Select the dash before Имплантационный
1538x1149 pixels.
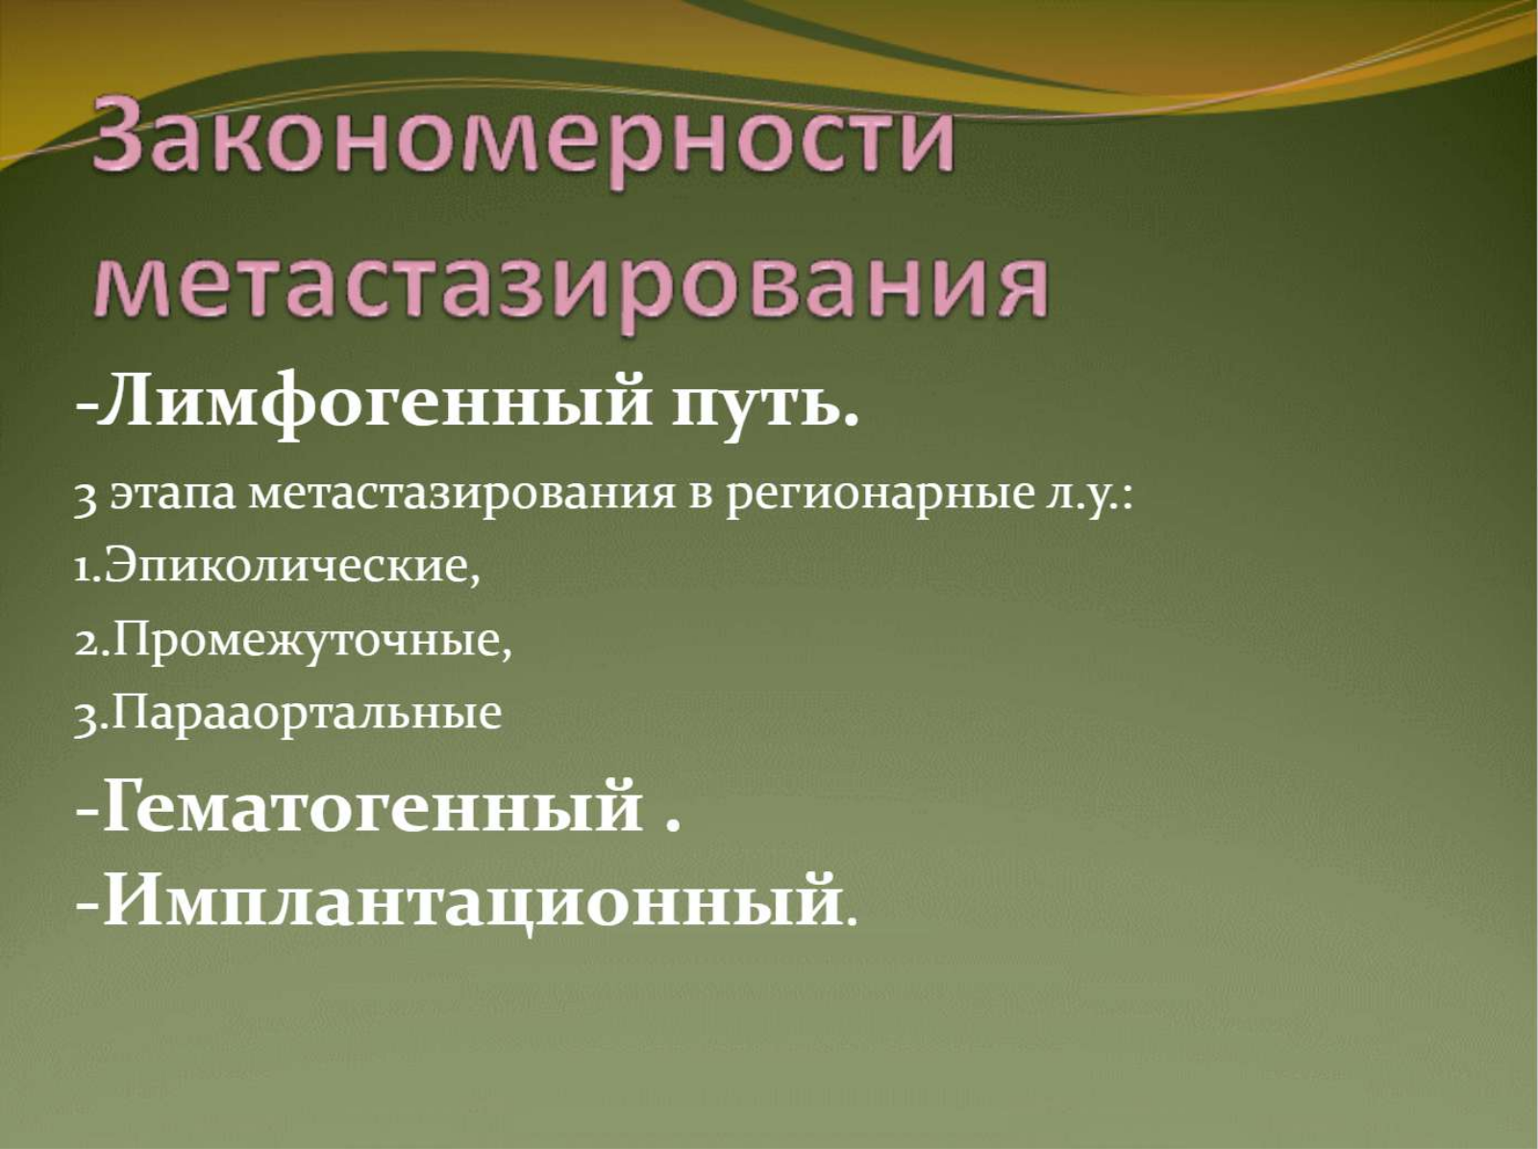click(x=87, y=905)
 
